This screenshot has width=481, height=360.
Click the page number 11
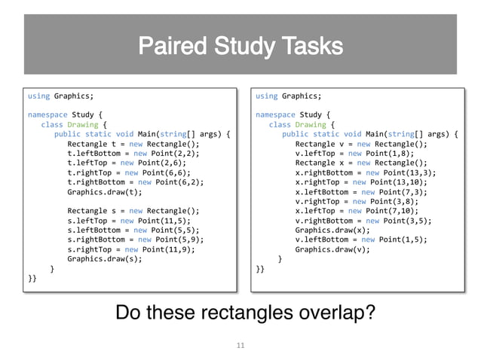pos(240,345)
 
